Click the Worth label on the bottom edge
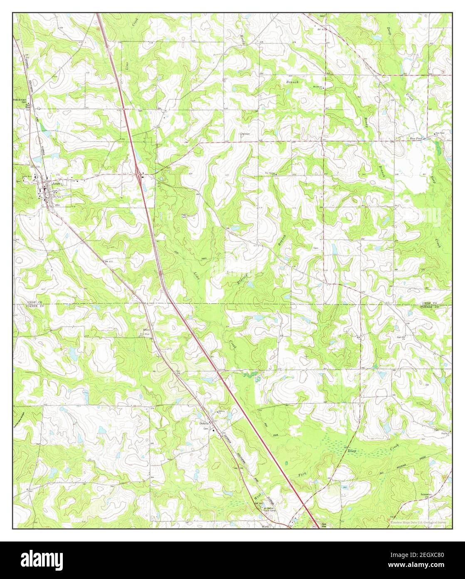pos(265,527)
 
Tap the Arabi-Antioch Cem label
pos(22,101)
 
